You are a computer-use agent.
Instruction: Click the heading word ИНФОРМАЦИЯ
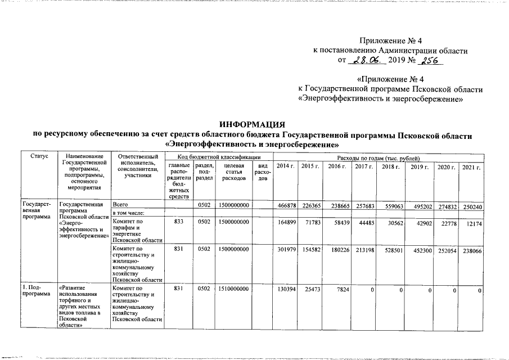(x=253, y=124)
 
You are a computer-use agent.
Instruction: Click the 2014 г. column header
(x=286, y=167)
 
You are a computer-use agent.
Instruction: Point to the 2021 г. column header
(x=471, y=167)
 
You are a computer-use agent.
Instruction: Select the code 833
(x=179, y=222)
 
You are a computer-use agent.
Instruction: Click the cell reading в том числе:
(x=129, y=213)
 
